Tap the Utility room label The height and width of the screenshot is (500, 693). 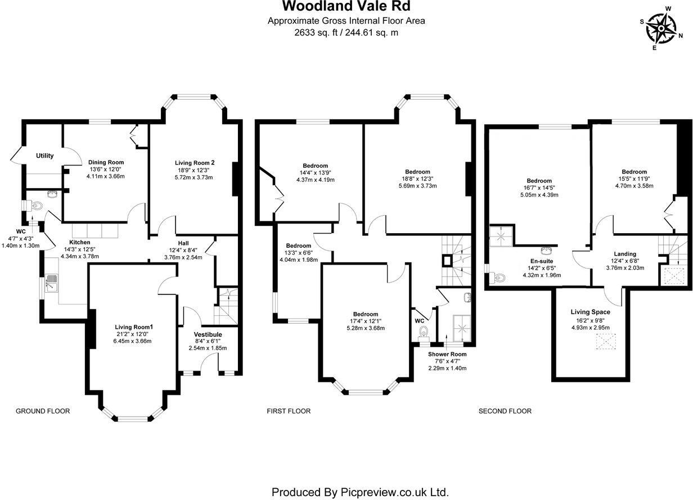tap(45, 156)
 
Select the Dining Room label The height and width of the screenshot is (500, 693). tap(106, 162)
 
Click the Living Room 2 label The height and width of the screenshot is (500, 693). tap(195, 163)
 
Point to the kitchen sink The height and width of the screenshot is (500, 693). tap(51, 283)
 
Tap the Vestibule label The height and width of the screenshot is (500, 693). tap(208, 334)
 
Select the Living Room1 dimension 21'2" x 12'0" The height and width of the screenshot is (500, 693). tap(132, 334)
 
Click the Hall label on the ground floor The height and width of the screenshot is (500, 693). tap(183, 243)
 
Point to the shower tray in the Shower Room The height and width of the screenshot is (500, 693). tap(462, 328)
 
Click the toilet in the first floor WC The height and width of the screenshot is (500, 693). tap(423, 332)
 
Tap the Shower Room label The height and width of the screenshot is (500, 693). tap(447, 354)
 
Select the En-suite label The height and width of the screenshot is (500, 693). tap(542, 261)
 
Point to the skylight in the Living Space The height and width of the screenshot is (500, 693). tap(606, 341)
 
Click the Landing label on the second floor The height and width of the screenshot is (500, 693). tap(625, 254)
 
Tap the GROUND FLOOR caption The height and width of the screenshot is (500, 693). tap(43, 411)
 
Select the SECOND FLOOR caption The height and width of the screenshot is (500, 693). tap(505, 411)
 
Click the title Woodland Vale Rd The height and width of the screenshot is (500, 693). tap(346, 6)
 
